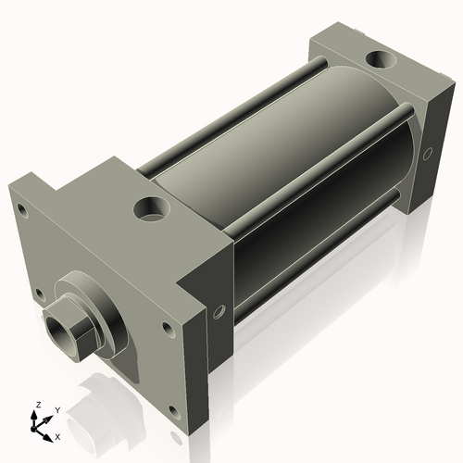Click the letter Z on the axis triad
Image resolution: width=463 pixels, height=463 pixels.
tap(38, 405)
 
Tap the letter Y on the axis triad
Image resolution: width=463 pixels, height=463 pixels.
tap(56, 409)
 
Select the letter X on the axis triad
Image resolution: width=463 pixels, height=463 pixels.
tap(58, 434)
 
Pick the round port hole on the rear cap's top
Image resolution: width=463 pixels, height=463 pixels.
tap(379, 62)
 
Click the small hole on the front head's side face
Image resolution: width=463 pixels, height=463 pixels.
tap(219, 313)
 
